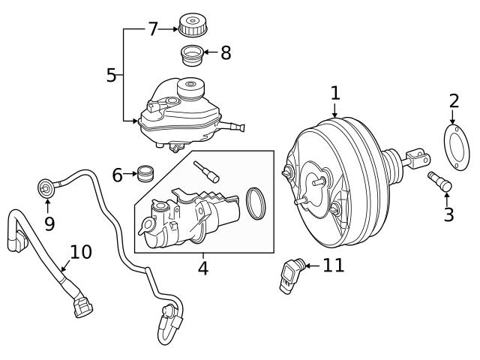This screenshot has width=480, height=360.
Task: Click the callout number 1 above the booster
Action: point(335,93)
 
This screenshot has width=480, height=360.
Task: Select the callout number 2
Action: point(453,101)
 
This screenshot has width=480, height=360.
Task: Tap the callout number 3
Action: point(448,215)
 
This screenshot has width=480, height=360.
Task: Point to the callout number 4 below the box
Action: point(202,267)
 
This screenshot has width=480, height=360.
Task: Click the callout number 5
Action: point(111,75)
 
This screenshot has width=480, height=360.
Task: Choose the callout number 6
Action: point(117,175)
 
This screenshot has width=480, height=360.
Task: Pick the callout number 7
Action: point(153,29)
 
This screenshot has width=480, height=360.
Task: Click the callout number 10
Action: point(81,252)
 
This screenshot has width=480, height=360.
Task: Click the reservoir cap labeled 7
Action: point(193,24)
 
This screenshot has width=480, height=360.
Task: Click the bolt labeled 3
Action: point(437,181)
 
